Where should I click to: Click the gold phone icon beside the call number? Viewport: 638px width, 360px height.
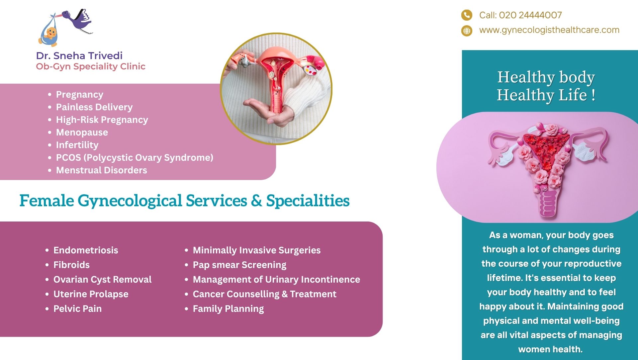[x=467, y=15]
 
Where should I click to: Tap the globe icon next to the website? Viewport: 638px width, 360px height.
[x=467, y=31]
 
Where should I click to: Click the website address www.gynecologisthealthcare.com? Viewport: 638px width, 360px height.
[x=549, y=30]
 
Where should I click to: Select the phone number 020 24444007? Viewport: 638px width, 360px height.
[x=530, y=15]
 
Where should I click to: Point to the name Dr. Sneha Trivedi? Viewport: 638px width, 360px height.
[x=79, y=55]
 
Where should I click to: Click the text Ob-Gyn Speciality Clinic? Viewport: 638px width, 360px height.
[x=91, y=66]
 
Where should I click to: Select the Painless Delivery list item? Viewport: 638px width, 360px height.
[x=94, y=107]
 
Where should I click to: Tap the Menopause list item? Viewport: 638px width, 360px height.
[x=82, y=132]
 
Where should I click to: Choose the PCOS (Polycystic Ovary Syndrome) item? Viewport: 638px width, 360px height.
[x=135, y=157]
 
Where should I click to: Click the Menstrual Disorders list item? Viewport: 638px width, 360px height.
[x=101, y=170]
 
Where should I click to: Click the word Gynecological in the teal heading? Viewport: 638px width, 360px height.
[x=130, y=201]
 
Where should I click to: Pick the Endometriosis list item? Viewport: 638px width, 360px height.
[x=86, y=250]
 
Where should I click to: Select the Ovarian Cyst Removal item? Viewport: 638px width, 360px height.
[x=102, y=279]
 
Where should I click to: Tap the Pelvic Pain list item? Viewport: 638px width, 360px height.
[x=77, y=309]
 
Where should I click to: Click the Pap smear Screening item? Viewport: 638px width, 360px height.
[x=239, y=265]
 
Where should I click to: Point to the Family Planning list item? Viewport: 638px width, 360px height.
[x=228, y=309]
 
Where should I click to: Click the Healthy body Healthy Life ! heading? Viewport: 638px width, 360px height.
[x=546, y=86]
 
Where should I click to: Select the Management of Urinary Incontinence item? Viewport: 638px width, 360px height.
[x=276, y=279]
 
